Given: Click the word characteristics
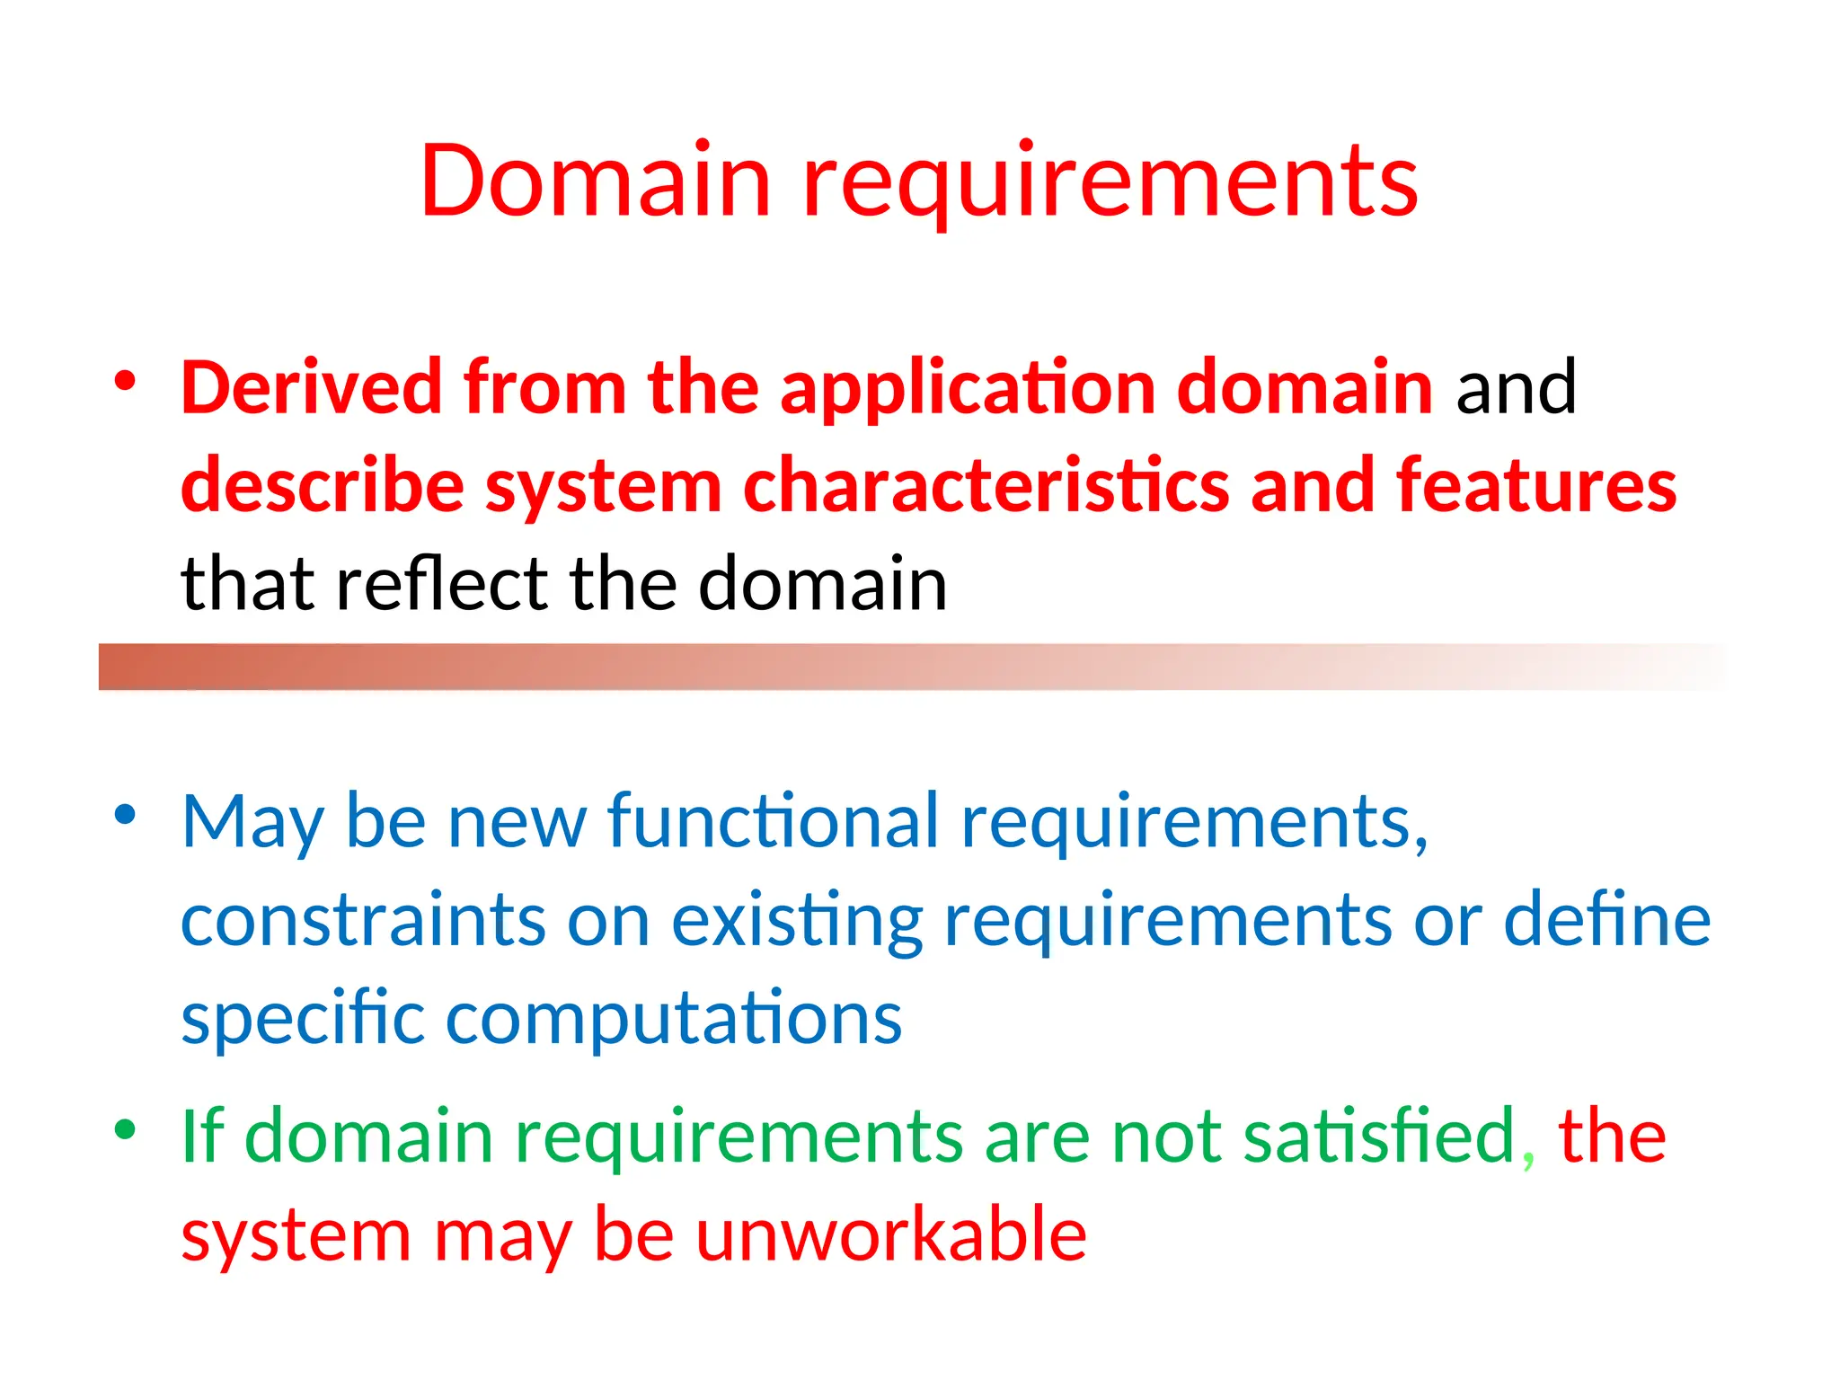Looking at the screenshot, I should [x=986, y=486].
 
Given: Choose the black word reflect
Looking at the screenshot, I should [x=441, y=584].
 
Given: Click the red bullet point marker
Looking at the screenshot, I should [x=125, y=381].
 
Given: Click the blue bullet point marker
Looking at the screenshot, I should [x=125, y=815].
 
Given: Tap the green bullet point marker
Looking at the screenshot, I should [x=125, y=1129].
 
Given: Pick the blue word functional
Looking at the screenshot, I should [x=773, y=821].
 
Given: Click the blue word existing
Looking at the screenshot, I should [x=797, y=922].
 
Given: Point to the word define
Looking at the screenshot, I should [x=1606, y=920].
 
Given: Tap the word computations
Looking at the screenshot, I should [x=674, y=1019].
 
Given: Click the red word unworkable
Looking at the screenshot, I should [x=890, y=1234].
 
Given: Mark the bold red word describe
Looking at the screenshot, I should [x=323, y=486].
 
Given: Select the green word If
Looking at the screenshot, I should [x=202, y=1136].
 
